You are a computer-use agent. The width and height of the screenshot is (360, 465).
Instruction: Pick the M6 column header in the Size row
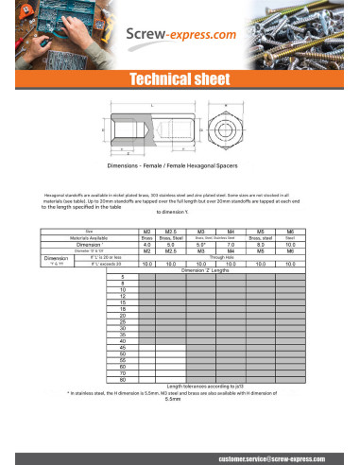(x=290, y=231)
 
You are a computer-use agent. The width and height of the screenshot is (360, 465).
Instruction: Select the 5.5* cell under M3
(x=200, y=244)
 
